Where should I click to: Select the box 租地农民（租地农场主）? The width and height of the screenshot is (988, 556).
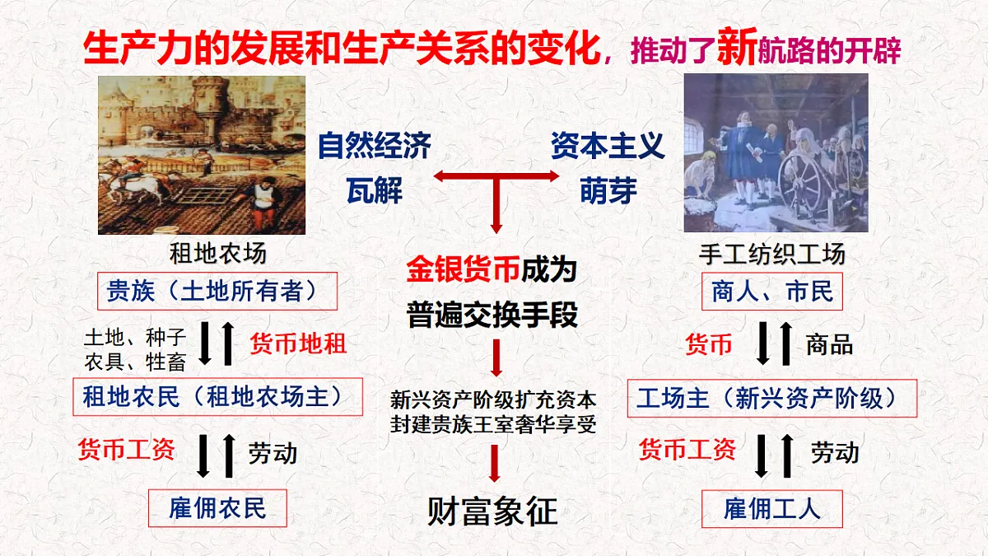pos(218,398)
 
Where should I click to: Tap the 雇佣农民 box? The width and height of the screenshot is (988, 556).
pos(217,507)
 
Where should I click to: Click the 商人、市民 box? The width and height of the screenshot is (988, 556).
pos(772,291)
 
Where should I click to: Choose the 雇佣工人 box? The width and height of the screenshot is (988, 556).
pos(771,508)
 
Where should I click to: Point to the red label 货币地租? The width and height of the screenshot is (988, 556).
pos(297,343)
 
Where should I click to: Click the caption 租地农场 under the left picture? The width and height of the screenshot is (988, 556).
pos(218,253)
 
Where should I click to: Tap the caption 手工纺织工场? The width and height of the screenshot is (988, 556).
pos(772,254)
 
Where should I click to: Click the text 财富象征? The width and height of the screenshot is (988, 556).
pos(492,512)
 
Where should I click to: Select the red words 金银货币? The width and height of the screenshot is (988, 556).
pos(450,270)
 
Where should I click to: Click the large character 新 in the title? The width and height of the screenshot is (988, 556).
pos(736,48)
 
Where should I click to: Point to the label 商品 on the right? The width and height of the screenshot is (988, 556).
pos(828,343)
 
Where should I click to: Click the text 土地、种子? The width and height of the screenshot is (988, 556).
pos(135,337)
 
